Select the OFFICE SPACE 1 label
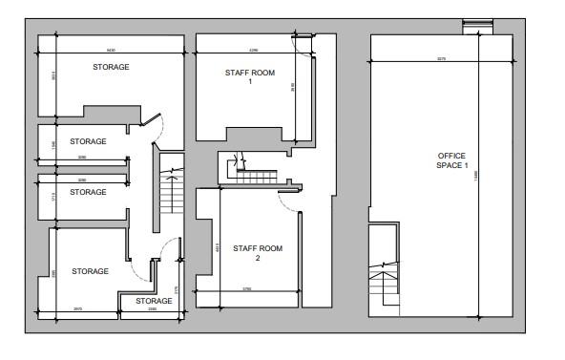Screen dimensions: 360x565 [x=452, y=160]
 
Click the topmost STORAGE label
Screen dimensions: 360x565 [x=111, y=67]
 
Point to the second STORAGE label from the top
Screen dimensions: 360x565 [x=88, y=141]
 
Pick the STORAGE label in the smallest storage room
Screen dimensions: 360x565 [x=154, y=301]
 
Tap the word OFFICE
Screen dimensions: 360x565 [x=452, y=156]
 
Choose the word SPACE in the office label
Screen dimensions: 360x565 [x=448, y=166]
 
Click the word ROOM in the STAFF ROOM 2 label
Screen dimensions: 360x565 [x=270, y=248]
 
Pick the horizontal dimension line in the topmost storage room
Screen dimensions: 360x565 [x=110, y=52]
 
